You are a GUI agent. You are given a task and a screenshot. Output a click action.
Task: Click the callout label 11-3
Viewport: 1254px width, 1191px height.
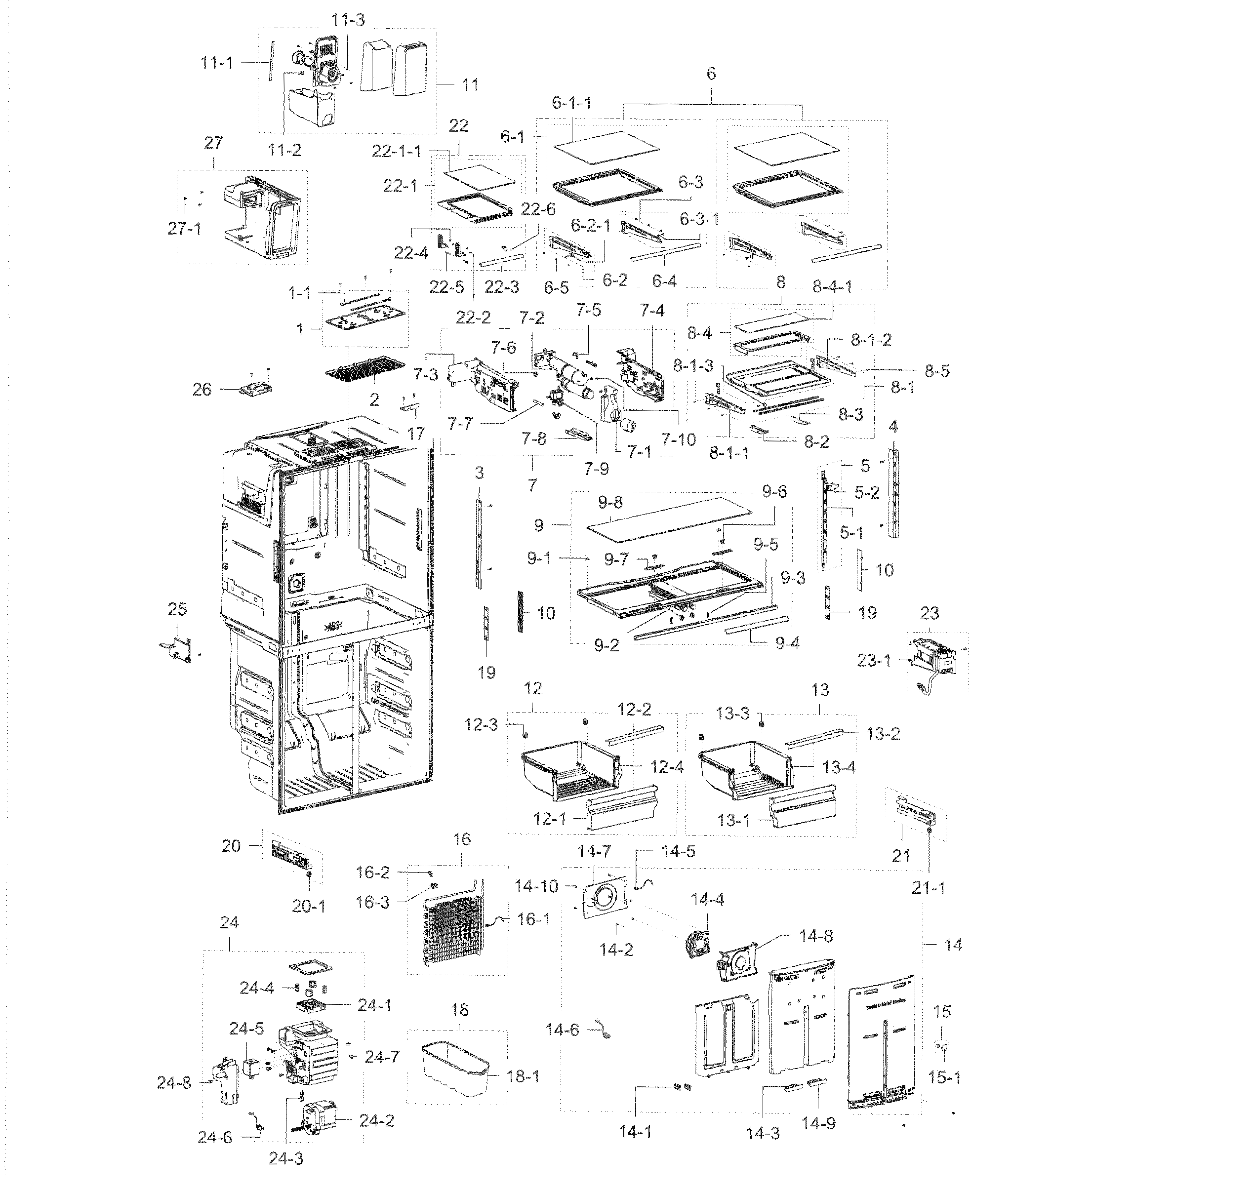coord(347,20)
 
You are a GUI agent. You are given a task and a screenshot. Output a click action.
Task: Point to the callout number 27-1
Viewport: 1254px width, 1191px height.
coord(184,228)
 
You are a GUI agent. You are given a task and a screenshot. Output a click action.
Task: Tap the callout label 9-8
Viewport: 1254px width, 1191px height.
coord(609,502)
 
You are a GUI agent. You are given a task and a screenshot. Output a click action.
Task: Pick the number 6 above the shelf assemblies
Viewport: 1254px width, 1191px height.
coord(711,74)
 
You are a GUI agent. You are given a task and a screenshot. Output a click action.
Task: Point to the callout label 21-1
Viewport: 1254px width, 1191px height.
coord(929,888)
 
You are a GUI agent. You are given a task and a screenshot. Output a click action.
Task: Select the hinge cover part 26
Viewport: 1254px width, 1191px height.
coord(258,389)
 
